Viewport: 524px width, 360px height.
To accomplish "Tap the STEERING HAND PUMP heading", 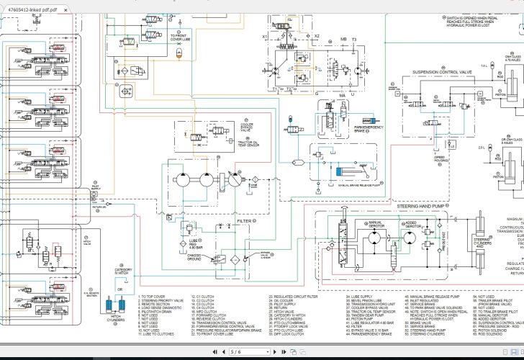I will point(422,206).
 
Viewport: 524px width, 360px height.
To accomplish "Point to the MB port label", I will point(343,39).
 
